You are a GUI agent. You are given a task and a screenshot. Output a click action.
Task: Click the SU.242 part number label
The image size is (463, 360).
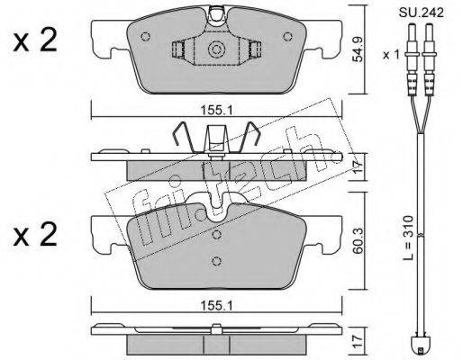(x=421, y=13)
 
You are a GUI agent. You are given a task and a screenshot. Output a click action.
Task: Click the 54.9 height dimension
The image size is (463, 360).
(x=358, y=49)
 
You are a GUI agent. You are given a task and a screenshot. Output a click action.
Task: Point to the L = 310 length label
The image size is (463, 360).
(x=408, y=238)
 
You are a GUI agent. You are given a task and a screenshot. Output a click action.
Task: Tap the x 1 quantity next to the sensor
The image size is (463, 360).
(x=391, y=55)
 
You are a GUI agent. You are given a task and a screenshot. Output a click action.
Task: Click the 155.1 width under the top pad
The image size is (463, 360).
(x=216, y=112)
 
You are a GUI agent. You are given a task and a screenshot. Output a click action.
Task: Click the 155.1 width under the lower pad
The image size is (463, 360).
(x=216, y=306)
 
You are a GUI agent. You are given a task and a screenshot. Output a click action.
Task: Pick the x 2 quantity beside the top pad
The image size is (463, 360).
(x=35, y=41)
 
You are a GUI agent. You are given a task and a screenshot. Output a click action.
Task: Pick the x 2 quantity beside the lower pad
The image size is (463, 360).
(x=35, y=235)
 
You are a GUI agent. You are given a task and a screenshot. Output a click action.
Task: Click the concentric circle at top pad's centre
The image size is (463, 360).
(x=216, y=49)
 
